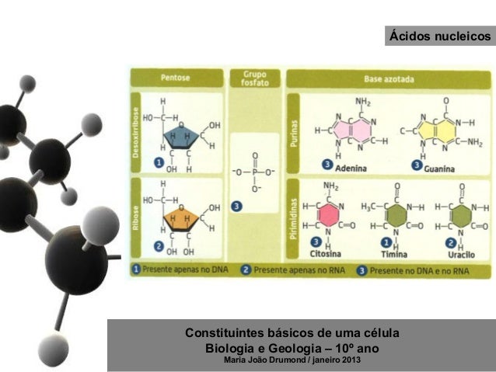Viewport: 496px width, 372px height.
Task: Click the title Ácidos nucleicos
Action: (440, 37)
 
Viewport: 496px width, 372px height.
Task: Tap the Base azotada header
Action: (389, 78)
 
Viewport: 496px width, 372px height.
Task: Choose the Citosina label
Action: (327, 254)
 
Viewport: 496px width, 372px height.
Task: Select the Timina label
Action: (396, 254)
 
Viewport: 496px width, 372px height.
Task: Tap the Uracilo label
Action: (462, 254)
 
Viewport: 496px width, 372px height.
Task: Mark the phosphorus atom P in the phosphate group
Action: (253, 171)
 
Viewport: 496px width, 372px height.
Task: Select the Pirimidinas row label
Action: (293, 218)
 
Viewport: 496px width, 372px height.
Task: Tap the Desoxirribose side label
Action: (136, 133)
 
